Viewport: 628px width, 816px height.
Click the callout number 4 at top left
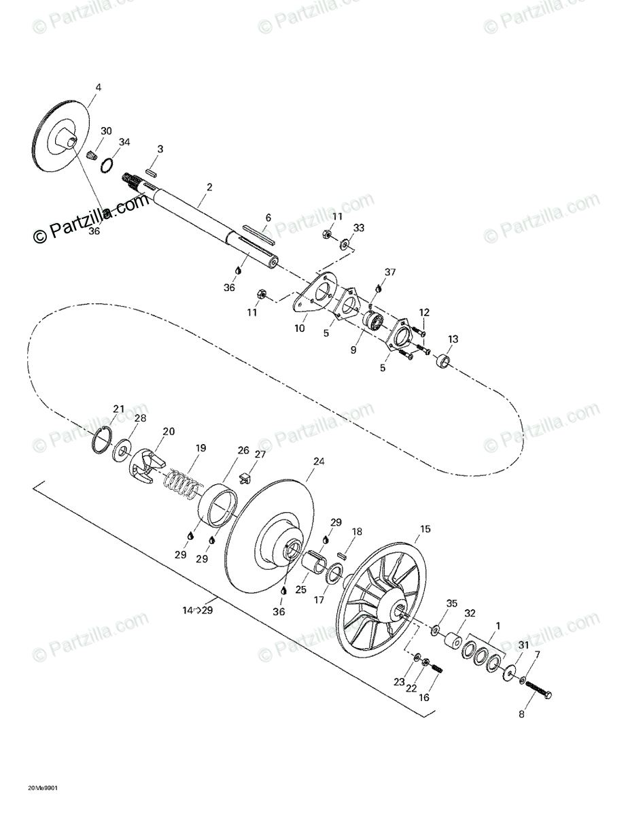[98, 88]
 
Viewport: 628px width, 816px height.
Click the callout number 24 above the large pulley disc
[319, 462]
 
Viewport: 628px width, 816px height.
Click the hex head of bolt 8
[548, 695]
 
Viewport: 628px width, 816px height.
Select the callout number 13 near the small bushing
[453, 339]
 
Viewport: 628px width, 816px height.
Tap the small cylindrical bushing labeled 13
[444, 359]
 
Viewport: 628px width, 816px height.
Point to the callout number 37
[389, 272]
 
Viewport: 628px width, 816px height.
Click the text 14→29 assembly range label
[197, 611]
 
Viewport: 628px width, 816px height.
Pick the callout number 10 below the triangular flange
[300, 328]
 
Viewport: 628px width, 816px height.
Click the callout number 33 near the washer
[359, 228]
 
